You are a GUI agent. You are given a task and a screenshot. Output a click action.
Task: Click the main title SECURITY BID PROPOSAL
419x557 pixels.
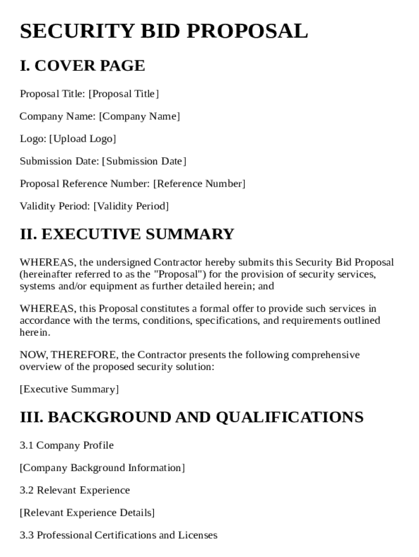point(164,31)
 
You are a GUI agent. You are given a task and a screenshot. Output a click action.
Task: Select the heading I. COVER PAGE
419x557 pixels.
point(82,66)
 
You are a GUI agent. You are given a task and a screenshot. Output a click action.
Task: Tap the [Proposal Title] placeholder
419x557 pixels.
point(124,94)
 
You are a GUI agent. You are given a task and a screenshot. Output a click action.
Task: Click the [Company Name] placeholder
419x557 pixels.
point(139,116)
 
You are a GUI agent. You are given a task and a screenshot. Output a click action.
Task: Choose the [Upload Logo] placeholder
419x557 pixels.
point(83,139)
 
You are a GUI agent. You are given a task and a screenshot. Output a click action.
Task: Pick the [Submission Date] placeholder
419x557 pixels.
point(144,161)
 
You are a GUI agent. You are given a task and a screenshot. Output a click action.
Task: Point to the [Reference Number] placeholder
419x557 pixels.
point(199,184)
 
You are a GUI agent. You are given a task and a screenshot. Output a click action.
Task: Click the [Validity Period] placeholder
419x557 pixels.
point(131,206)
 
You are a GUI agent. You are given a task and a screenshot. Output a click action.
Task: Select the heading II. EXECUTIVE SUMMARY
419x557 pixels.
point(127,234)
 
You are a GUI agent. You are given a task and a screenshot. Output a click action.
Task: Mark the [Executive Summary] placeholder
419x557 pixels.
point(69,389)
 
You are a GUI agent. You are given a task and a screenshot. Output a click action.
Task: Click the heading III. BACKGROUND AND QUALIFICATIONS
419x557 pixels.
point(192,417)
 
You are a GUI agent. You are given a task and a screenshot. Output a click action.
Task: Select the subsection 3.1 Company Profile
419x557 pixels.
point(67,445)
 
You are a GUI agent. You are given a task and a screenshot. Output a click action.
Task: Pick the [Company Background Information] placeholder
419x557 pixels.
point(102,468)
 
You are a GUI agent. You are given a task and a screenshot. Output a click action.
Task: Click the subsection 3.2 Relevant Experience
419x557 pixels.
point(75,491)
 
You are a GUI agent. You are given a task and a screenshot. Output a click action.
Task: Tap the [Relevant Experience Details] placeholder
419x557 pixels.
point(87,513)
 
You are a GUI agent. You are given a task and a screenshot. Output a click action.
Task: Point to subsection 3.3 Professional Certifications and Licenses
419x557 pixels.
point(119,535)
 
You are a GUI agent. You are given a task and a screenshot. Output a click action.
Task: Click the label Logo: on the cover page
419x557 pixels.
point(33,139)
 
